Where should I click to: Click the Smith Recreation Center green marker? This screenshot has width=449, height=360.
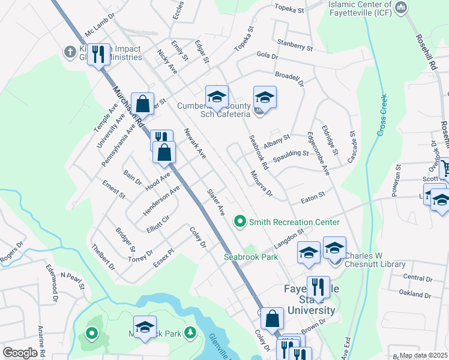tap(240, 222)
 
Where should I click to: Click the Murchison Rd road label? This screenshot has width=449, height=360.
tap(127, 105)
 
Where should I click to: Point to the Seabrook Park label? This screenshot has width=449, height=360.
tap(251, 256)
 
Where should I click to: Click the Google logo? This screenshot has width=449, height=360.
tap(20, 353)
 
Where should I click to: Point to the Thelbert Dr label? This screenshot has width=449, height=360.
tap(103, 256)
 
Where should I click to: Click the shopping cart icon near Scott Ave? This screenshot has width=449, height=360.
tap(445, 167)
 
